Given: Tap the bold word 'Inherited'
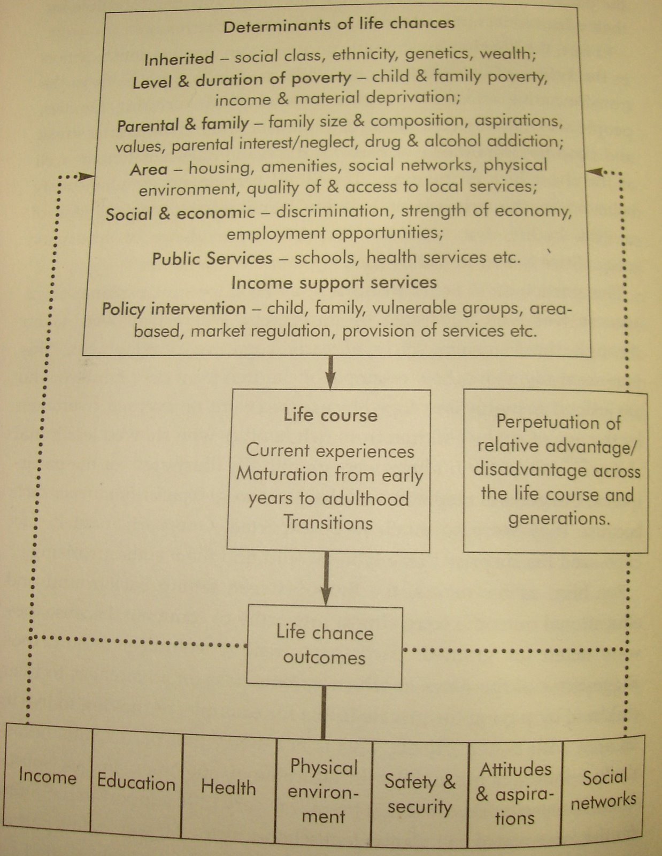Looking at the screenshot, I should point(179,58).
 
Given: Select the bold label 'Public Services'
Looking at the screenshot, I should point(212,259).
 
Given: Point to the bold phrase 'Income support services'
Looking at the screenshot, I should point(334,282).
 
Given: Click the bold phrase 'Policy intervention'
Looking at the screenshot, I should point(174,309).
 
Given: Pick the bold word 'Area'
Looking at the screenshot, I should point(149,170).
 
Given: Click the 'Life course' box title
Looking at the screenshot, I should point(330,415).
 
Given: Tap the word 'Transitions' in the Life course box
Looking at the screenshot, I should point(328,522).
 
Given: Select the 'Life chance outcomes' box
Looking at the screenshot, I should point(325,645).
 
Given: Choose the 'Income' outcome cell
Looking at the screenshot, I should point(48,776).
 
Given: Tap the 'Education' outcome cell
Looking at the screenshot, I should point(136,782).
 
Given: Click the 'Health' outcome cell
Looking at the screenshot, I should point(228,787).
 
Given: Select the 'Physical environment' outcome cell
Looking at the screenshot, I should point(324,792).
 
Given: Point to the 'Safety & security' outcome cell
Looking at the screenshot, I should point(420,794).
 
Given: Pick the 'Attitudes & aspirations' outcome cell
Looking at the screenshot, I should point(515,793).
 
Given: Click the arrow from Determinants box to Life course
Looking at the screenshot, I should point(330,372).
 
